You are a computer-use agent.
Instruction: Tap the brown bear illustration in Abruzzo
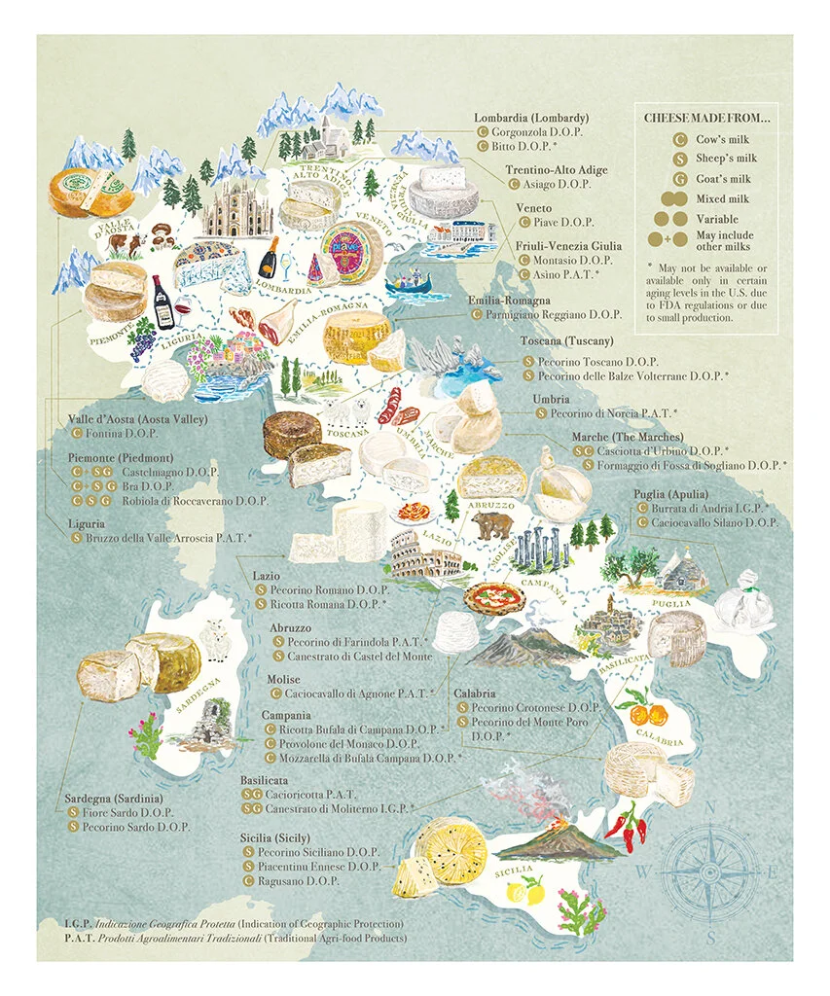coord(491,526)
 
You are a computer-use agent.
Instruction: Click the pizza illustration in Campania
coord(490,594)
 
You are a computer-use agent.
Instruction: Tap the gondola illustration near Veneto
coord(408,284)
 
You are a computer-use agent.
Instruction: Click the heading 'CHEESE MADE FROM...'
coord(707,118)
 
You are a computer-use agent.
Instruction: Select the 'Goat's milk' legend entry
coord(723,179)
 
